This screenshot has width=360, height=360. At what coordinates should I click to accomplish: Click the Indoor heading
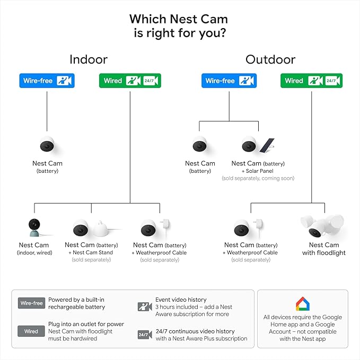point(89,59)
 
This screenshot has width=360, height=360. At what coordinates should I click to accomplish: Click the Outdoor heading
point(270,59)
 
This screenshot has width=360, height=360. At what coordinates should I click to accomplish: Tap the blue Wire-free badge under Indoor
point(47,81)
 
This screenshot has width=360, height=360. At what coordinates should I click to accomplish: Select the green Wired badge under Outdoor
point(311,81)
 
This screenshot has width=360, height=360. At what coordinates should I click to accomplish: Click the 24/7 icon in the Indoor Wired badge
point(151,81)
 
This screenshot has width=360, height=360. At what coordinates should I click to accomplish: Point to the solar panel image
point(267,145)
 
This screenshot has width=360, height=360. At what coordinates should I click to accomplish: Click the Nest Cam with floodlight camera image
point(322,226)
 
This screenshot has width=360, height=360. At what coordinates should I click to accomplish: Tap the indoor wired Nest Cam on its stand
point(34,227)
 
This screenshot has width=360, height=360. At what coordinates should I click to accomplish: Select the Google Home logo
point(303,304)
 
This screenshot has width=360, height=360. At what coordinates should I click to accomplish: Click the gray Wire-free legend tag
point(31,303)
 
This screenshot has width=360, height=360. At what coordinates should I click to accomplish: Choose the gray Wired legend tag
point(31,331)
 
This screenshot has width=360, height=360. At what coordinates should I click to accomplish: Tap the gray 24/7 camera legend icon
point(145,335)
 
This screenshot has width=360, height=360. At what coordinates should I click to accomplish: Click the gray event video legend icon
point(145,307)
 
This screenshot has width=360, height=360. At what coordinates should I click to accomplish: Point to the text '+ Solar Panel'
point(257,171)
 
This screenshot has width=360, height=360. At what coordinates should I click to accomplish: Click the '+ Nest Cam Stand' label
point(91,252)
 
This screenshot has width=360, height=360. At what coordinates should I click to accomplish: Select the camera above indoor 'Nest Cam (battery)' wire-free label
point(47,145)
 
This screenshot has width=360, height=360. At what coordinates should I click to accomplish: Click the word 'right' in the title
point(161,33)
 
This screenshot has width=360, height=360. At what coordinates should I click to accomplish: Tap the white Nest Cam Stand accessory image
point(101,229)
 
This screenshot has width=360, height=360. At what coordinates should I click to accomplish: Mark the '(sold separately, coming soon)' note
point(258,178)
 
